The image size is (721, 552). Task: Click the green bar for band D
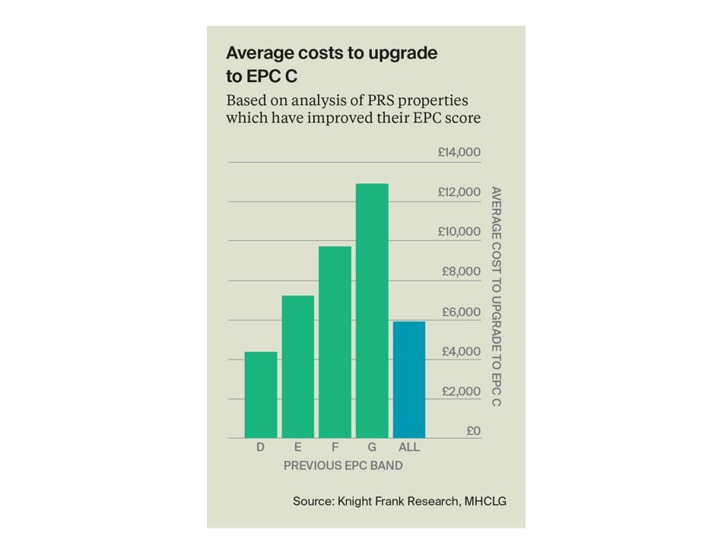coord(260,395)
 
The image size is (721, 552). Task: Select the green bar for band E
coord(297,366)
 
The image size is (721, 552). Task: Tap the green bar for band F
coord(335,342)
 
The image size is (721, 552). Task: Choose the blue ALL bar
coord(409,379)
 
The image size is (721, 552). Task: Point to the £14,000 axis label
coord(459,152)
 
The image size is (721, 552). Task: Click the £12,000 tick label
coord(459,192)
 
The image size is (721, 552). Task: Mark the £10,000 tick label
coord(459,232)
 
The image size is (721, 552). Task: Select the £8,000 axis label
coord(462,272)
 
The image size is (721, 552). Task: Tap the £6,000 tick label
coord(462,312)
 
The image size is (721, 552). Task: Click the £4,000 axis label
coord(462,351)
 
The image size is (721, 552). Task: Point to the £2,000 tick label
coord(462,392)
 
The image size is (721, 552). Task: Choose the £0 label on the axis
coord(472,431)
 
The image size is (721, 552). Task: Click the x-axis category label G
coord(372,448)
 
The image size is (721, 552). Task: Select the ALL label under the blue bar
coord(409,448)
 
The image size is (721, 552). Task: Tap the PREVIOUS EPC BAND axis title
coord(343,465)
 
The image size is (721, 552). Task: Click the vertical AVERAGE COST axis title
coord(497,296)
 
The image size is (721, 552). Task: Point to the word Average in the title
coord(259,53)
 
